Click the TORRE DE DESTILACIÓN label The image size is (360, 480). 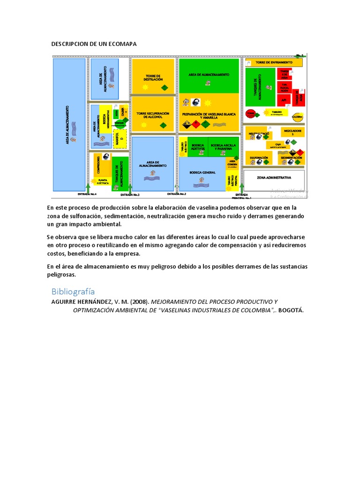[x=153, y=78]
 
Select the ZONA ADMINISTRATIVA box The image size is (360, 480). [x=274, y=178]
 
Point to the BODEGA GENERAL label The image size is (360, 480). [x=202, y=172]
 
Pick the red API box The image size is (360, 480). [x=284, y=100]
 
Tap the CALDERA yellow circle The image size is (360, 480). [x=297, y=117]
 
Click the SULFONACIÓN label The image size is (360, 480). [x=259, y=158]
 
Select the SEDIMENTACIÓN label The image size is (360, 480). [x=291, y=158]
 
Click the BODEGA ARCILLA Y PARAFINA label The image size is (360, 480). [x=223, y=147]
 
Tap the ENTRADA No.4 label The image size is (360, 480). [x=87, y=194]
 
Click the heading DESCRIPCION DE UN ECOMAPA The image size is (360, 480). [x=94, y=44]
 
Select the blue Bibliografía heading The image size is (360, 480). [x=73, y=291]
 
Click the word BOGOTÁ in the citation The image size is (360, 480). [x=287, y=310]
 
